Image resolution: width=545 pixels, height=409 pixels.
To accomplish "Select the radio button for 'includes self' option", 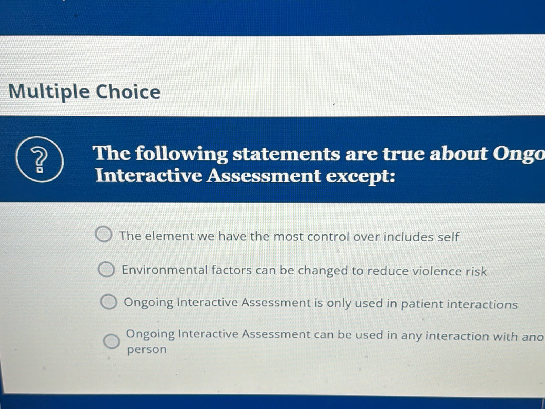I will pyautogui.click(x=103, y=234).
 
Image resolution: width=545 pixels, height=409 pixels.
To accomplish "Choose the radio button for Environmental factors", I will pyautogui.click(x=106, y=270).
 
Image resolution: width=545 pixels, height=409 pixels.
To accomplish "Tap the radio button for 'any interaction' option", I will pyautogui.click(x=111, y=341).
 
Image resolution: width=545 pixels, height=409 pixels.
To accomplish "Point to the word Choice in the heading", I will pyautogui.click(x=128, y=92).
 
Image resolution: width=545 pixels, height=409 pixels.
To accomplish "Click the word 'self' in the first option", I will pyautogui.click(x=448, y=237).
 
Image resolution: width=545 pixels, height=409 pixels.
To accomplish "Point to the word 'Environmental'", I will pyautogui.click(x=164, y=270).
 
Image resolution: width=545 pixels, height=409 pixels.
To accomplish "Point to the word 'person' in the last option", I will pyautogui.click(x=147, y=350).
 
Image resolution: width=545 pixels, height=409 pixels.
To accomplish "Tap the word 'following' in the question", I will pyautogui.click(x=180, y=155).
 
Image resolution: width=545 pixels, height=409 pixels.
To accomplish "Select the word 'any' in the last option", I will pyautogui.click(x=411, y=336).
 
